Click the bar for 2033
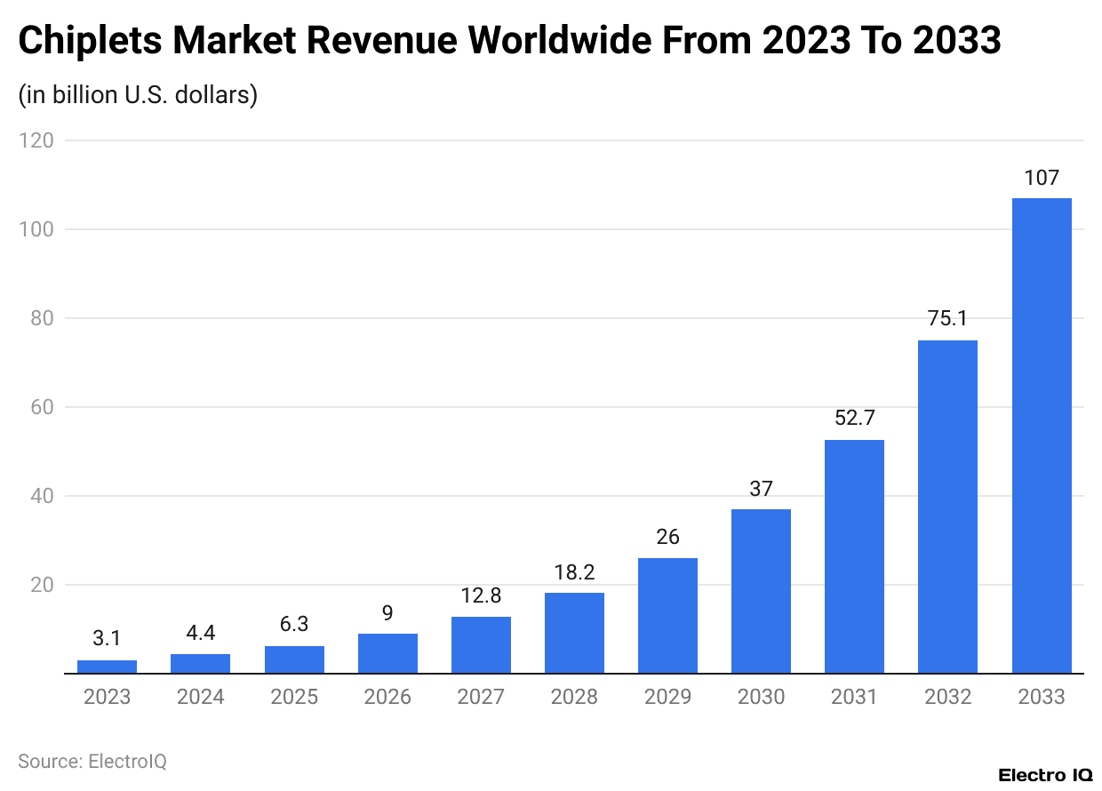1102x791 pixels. click(x=1042, y=435)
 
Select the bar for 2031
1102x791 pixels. click(x=854, y=556)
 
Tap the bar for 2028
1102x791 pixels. click(x=574, y=633)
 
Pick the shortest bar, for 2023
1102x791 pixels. click(x=107, y=667)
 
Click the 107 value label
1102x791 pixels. click(x=1042, y=178)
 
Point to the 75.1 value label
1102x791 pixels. click(x=947, y=319)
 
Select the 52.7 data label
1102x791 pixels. click(x=854, y=418)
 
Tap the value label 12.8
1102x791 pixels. click(x=481, y=595)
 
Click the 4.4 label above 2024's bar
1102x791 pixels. click(x=200, y=633)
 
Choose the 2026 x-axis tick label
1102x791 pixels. click(x=387, y=697)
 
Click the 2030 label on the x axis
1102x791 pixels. click(x=761, y=697)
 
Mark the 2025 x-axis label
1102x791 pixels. click(x=294, y=697)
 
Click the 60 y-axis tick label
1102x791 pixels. click(x=41, y=407)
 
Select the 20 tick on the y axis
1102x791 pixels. click(x=41, y=585)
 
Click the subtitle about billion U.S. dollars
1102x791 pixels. click(x=138, y=94)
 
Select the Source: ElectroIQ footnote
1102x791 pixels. click(x=92, y=762)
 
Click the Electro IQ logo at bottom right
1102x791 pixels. click(x=1045, y=775)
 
